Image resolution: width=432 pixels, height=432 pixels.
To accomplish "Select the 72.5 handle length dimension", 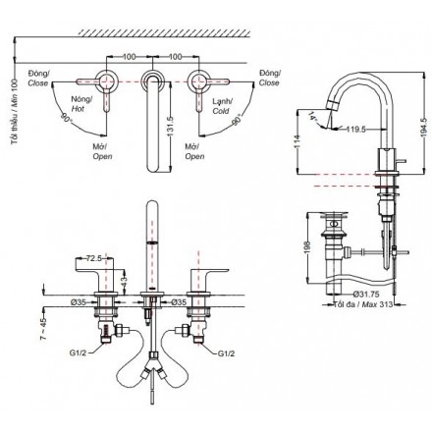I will click(95, 258).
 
